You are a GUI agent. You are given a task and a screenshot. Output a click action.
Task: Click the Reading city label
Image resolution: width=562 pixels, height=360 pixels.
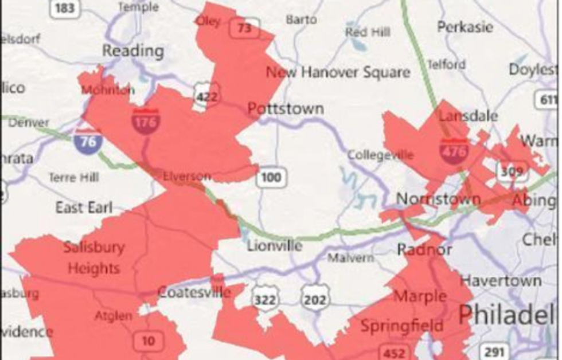click(132, 51)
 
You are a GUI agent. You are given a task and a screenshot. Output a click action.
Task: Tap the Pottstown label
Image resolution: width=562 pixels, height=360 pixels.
click(285, 109)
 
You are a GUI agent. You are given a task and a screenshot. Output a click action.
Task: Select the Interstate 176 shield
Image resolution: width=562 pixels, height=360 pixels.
click(146, 119)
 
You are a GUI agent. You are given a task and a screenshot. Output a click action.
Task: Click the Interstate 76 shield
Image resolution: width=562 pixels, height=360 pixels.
click(88, 140)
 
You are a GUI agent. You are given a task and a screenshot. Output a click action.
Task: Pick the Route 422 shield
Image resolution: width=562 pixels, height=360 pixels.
click(206, 96)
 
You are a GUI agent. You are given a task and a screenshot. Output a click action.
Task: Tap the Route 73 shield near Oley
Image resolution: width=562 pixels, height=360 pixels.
click(245, 28)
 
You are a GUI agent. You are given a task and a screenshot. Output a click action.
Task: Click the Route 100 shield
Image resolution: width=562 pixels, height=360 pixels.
click(270, 177)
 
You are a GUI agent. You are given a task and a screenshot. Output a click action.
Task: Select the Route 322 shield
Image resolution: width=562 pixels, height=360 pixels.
click(265, 299)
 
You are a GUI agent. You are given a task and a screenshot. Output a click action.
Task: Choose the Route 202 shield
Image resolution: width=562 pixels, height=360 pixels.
click(314, 299)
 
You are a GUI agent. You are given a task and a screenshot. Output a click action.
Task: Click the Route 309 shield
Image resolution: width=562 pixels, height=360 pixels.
click(510, 171)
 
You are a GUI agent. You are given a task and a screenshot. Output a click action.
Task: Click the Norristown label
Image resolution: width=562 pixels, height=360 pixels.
click(439, 199)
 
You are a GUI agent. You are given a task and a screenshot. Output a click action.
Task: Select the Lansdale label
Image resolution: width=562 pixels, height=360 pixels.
click(468, 116)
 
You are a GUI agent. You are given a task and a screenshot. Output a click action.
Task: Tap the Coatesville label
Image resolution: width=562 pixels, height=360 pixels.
click(194, 292)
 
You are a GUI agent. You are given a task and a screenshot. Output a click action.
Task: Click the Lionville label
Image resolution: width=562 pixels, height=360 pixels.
click(274, 246)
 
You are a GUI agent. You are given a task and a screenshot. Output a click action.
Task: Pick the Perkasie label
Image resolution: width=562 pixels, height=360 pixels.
click(465, 27)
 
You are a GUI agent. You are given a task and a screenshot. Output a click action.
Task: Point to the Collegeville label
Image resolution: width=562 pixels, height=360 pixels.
click(380, 155)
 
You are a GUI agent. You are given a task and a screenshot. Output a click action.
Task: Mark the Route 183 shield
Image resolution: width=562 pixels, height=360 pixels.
click(65, 8)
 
